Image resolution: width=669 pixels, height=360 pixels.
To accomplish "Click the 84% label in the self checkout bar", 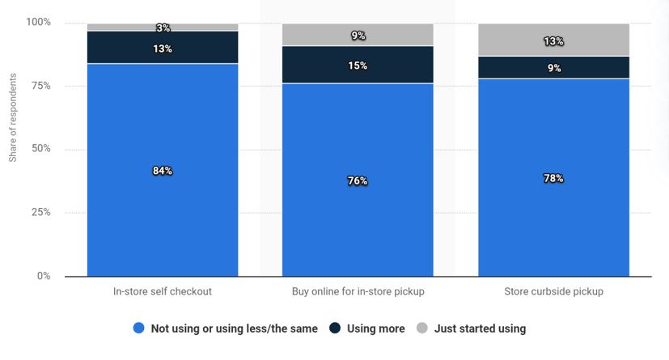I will click(163, 171).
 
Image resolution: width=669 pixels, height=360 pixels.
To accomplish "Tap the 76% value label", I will click(358, 180).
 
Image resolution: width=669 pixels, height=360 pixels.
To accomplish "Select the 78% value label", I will click(553, 178).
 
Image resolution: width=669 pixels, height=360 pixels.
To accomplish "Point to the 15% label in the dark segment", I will click(358, 66).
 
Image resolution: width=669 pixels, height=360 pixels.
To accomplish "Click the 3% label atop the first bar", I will click(163, 28).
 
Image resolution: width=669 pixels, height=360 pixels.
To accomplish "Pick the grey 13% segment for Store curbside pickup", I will click(553, 41).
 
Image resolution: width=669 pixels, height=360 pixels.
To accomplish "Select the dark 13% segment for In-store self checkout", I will click(163, 49).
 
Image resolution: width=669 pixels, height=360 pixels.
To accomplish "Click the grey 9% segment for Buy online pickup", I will click(358, 36).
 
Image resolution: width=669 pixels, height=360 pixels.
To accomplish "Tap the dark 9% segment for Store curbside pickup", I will click(553, 68).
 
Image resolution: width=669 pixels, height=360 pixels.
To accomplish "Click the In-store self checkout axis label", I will click(163, 291).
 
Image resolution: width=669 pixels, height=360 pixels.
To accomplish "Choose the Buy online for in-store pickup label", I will click(358, 291).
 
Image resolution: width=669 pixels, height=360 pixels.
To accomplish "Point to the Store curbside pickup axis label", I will click(553, 291).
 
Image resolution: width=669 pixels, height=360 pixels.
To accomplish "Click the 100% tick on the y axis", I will click(38, 22).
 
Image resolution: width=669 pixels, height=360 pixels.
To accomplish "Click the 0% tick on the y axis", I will click(43, 276).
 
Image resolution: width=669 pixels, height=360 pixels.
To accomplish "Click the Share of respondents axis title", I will click(13, 118).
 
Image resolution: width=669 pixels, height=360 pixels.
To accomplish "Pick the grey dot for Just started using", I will click(421, 328).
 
